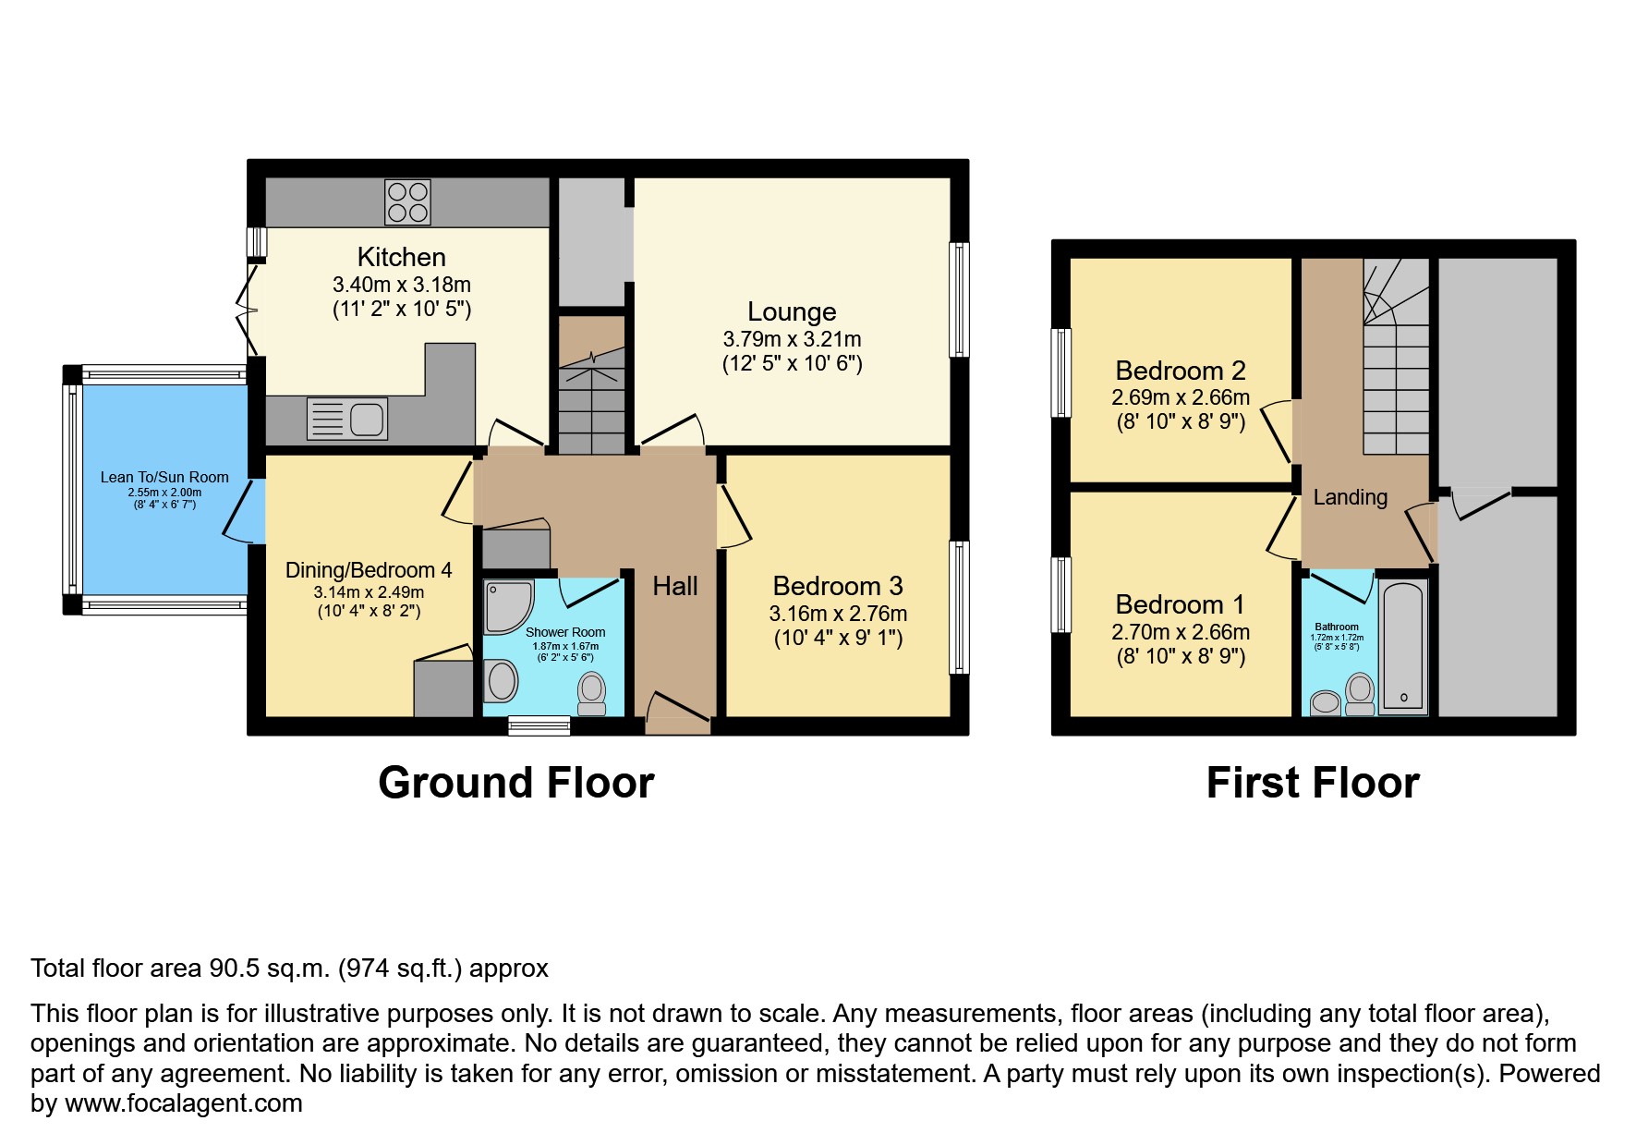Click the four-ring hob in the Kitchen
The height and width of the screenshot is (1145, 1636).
(407, 202)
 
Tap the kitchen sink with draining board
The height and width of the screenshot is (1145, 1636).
(346, 419)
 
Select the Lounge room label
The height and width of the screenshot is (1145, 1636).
(792, 311)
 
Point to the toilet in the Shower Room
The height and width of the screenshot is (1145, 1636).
(591, 694)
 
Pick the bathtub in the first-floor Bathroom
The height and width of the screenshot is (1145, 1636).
(1403, 646)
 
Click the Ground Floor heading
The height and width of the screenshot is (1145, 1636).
(516, 783)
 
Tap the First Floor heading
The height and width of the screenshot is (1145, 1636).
(1313, 783)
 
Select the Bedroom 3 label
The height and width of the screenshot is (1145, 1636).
(838, 586)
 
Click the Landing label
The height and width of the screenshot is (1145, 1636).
(1351, 497)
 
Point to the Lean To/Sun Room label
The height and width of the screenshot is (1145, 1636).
(164, 477)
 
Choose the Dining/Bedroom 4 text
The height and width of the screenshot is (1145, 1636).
(369, 570)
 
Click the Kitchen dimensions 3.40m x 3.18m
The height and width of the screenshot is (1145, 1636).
(402, 285)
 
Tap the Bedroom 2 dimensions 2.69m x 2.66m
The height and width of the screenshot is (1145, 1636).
(1181, 397)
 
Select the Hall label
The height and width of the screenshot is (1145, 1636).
(675, 586)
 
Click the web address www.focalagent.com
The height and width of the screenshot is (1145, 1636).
(184, 1103)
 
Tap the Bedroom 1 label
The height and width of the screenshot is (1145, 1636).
(1180, 604)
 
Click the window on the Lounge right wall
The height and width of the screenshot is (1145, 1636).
(961, 299)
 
